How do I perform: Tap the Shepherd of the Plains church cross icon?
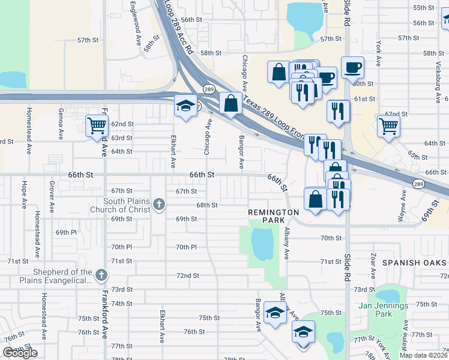coord(101,276)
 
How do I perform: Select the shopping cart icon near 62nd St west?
coord(96,125)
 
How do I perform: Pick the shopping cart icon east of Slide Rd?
coord(388,125)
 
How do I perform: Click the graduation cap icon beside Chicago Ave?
coord(186,106)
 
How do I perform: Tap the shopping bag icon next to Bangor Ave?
coord(231,103)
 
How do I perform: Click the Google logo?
coord(20,353)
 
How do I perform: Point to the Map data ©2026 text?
coord(423,355)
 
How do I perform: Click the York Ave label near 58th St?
coord(379,53)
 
